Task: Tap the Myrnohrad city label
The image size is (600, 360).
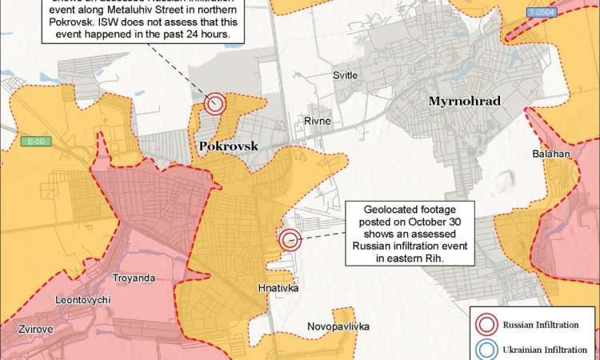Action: [464, 102]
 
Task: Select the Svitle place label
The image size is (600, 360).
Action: [346, 74]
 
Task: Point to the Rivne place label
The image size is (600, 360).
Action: [317, 121]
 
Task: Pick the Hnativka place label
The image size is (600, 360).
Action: [280, 286]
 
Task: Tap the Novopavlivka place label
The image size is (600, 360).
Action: [338, 326]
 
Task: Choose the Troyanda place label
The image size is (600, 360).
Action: [134, 278]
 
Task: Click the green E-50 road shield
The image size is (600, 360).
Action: [34, 142]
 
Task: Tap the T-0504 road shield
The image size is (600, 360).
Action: [542, 13]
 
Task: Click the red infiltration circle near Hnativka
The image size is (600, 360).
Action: [290, 238]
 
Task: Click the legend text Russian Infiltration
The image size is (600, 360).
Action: [541, 324]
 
